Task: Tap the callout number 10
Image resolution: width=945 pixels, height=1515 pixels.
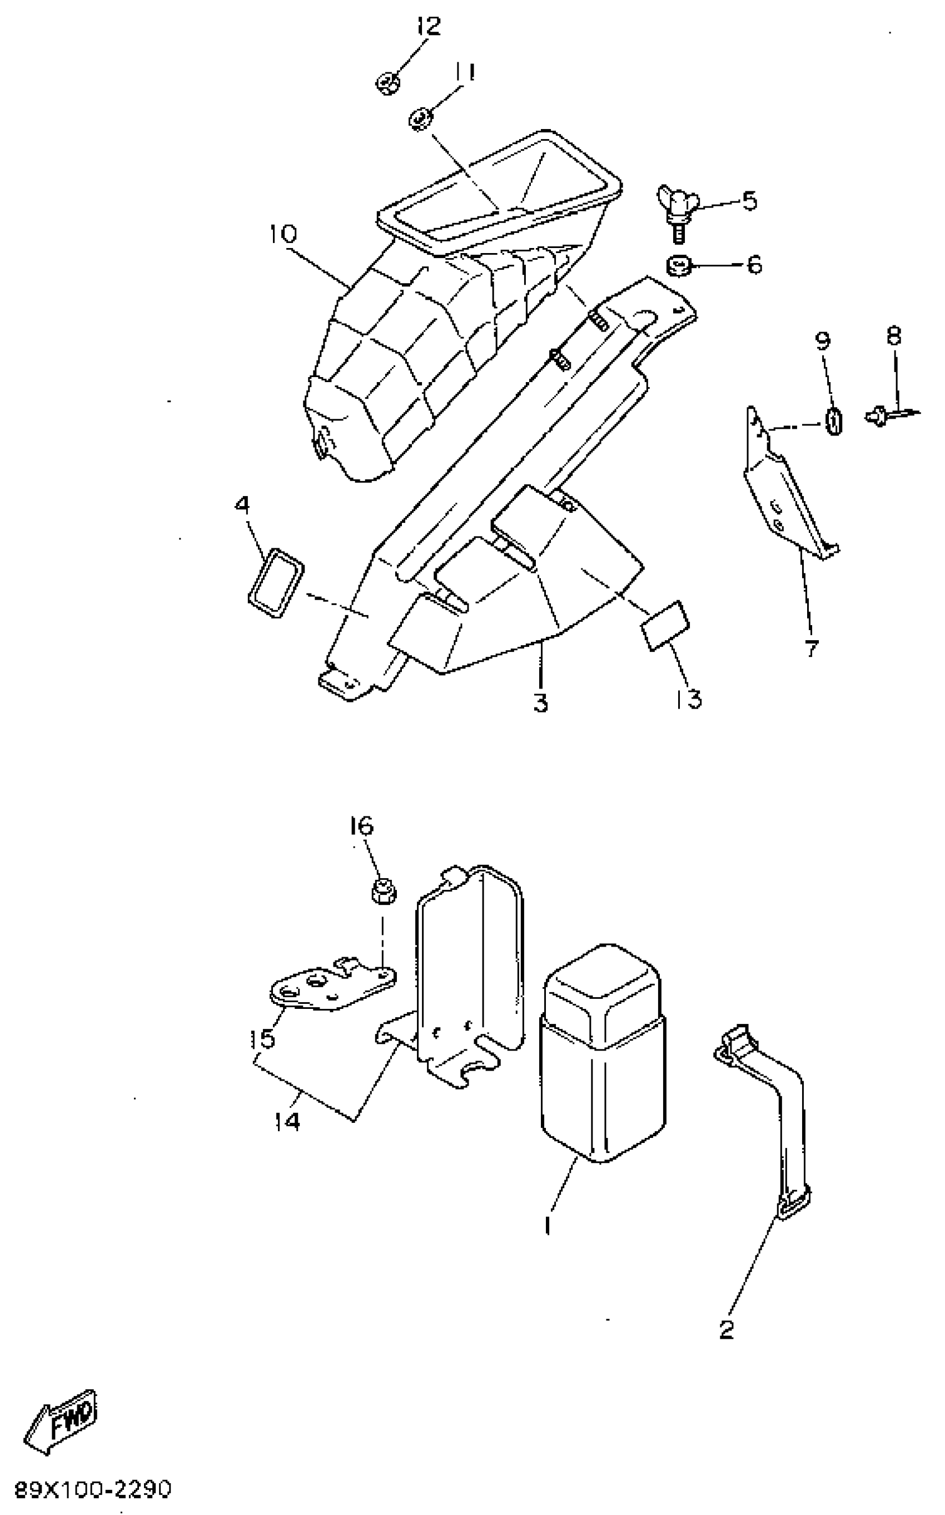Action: click(282, 235)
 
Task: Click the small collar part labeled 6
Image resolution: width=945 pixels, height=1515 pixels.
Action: click(677, 266)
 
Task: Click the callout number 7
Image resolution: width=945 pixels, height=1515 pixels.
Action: click(810, 649)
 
